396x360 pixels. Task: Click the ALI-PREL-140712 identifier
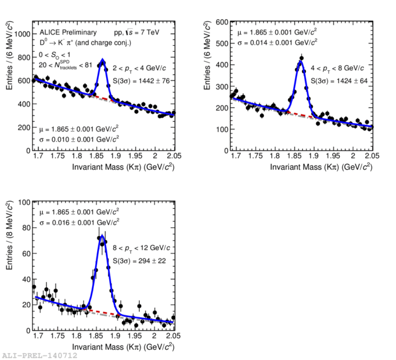40,355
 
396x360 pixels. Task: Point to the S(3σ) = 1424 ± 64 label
342,81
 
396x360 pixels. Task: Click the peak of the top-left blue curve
102,61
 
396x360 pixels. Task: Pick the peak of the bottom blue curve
102,236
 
